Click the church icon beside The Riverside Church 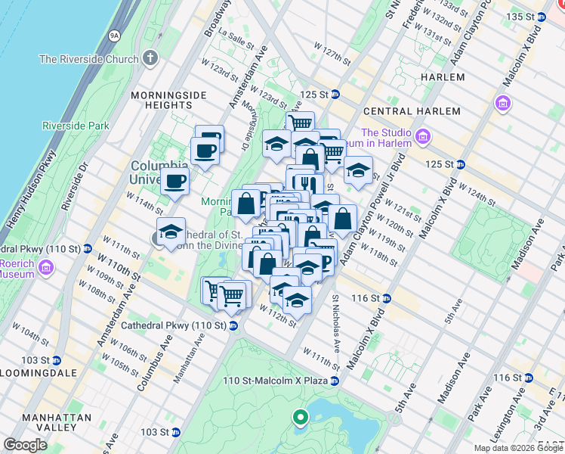point(150,58)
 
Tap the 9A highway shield point(114,34)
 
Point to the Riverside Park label point(76,126)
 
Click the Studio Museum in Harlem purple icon point(422,137)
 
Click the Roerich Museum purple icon point(45,267)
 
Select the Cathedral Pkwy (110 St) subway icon point(233,325)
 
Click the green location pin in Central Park point(301,416)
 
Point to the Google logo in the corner point(25,445)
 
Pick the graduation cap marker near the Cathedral point(171,232)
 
